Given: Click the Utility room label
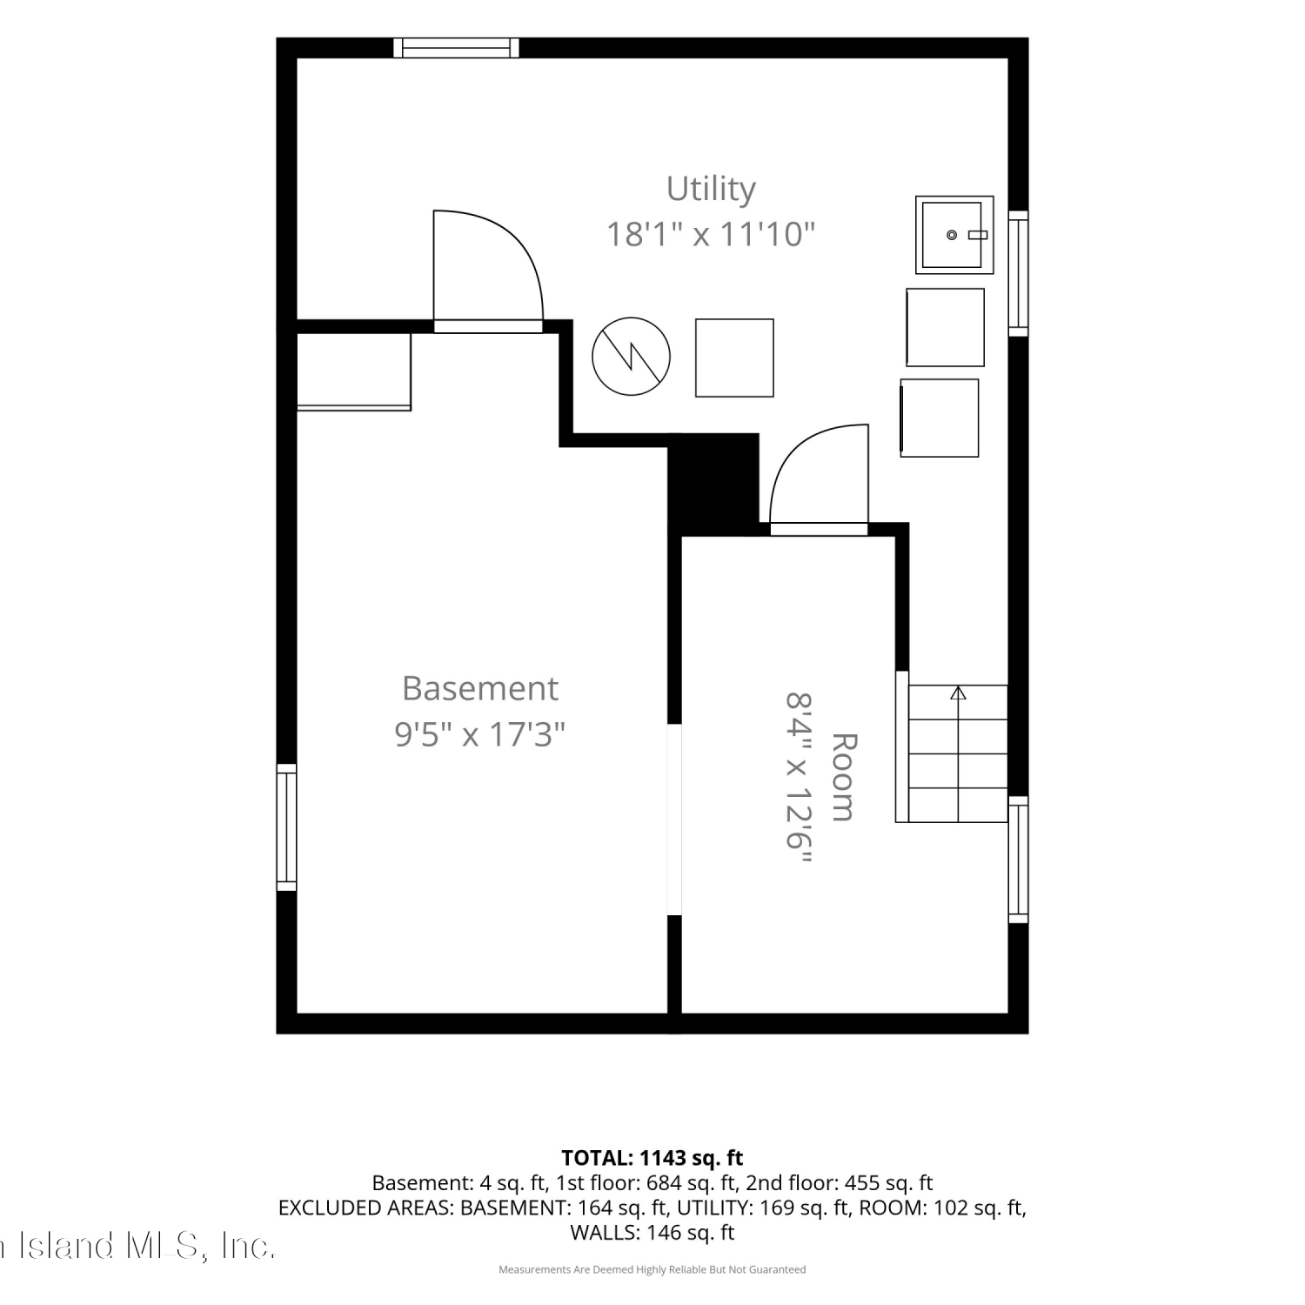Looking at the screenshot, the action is pyautogui.click(x=711, y=190).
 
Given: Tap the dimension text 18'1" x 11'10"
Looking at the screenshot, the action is pyautogui.click(x=711, y=234).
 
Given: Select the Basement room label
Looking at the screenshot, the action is pyautogui.click(x=480, y=688).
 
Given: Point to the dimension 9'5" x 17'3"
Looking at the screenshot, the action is pyautogui.click(x=480, y=734).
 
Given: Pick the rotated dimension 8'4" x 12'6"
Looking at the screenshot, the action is pyautogui.click(x=799, y=777).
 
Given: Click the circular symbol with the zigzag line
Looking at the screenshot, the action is pyautogui.click(x=632, y=357).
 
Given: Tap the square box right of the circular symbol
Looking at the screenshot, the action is pyautogui.click(x=734, y=358).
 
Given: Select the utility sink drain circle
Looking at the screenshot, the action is pyautogui.click(x=952, y=235).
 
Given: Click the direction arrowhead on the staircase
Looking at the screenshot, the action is pyautogui.click(x=958, y=693).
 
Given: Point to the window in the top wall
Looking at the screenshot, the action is pyautogui.click(x=456, y=48).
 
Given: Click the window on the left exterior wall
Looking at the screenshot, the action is pyautogui.click(x=286, y=827).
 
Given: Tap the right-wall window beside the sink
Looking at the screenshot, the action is pyautogui.click(x=1018, y=273).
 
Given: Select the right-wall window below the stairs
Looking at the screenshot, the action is pyautogui.click(x=1018, y=860).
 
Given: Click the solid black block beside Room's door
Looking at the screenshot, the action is pyautogui.click(x=713, y=484).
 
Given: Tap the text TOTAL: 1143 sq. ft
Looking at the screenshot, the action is pyautogui.click(x=652, y=1158).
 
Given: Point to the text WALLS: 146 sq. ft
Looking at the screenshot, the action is pyautogui.click(x=652, y=1233).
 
